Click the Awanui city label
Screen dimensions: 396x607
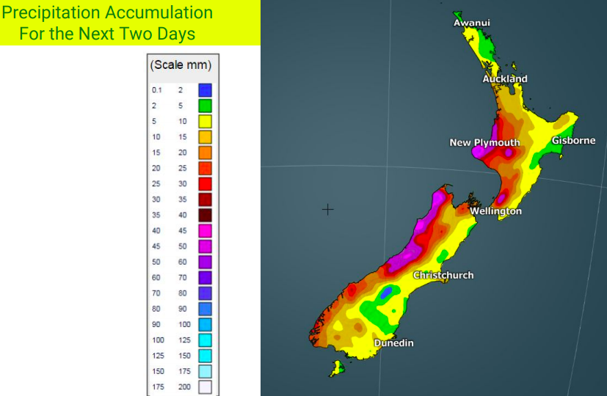point(471,23)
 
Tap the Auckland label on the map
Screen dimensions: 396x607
point(504,78)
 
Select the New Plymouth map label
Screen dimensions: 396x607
point(484,142)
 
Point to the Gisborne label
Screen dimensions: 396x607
point(573,140)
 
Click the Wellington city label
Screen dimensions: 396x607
point(495,211)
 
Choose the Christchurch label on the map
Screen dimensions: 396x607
point(443,275)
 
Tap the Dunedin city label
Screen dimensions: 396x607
point(394,343)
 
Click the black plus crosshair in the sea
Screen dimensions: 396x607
point(328,210)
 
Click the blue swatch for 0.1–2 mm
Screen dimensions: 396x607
point(205,90)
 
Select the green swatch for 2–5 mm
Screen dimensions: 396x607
point(205,106)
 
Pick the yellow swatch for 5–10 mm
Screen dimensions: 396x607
point(205,121)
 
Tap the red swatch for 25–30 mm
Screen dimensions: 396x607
point(205,183)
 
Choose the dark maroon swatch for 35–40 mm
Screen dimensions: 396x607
point(205,215)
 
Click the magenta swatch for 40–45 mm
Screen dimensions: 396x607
point(205,230)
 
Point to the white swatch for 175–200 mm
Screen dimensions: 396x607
point(205,386)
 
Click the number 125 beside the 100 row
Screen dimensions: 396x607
point(183,340)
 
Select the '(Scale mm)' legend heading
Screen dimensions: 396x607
point(181,65)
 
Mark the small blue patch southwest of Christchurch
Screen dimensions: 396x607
point(384,293)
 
